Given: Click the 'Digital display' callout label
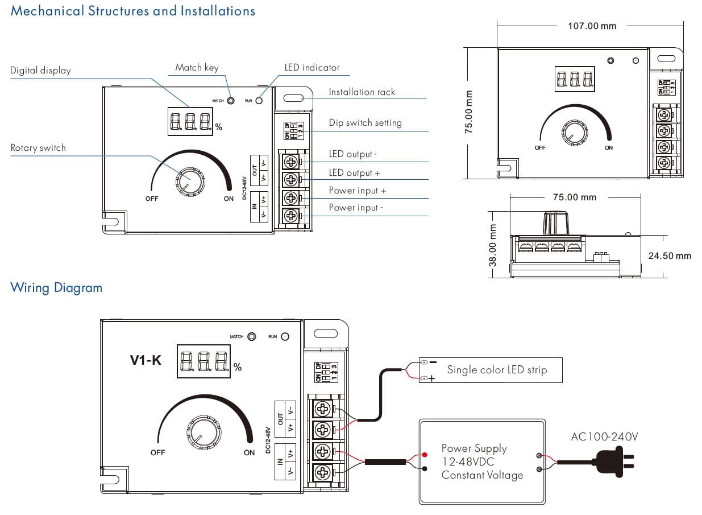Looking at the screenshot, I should [x=40, y=71].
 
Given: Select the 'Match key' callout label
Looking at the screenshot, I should [x=197, y=68].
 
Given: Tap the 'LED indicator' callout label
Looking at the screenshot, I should [x=312, y=68].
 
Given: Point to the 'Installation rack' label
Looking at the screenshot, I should [x=362, y=92].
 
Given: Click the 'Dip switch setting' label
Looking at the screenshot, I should [x=365, y=123].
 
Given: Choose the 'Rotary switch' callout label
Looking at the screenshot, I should [x=38, y=148].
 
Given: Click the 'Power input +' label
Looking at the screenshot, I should [x=358, y=191].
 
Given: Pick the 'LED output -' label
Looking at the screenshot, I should [x=352, y=154].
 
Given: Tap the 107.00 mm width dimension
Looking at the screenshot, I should [x=592, y=26].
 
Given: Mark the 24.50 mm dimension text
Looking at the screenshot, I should [x=670, y=256].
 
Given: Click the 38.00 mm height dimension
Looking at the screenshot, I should [x=493, y=245].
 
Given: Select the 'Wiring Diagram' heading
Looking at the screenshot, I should [x=56, y=288].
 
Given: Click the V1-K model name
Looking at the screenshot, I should [x=146, y=360].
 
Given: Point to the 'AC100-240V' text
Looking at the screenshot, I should [x=604, y=437].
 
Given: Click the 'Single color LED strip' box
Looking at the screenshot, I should [x=496, y=370].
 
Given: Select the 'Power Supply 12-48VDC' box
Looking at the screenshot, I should [x=482, y=462].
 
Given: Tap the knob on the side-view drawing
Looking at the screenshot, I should [x=556, y=223].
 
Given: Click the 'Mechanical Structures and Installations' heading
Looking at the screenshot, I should [x=133, y=11].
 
